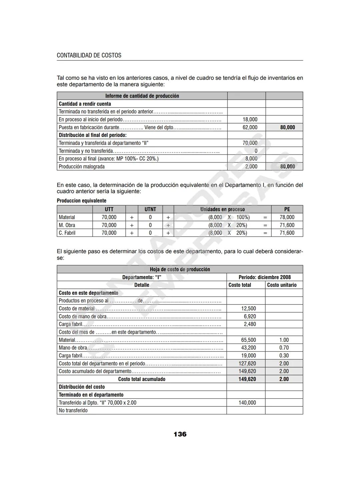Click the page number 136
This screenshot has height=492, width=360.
tap(180, 434)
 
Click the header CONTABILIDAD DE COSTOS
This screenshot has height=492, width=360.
tap(89, 55)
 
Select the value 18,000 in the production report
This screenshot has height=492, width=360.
tap(250, 119)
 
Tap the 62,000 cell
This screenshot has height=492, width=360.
tap(250, 127)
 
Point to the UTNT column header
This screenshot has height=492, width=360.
tap(150, 209)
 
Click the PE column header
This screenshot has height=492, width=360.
tap(287, 209)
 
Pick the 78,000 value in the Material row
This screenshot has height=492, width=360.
tap(287, 217)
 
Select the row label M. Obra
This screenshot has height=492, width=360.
tap(67, 225)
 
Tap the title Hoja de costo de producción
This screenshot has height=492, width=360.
tap(180, 269)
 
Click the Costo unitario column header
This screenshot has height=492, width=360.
tap(282, 285)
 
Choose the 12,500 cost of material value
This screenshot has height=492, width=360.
tap(248, 308)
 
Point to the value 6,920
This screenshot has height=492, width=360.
tap(250, 316)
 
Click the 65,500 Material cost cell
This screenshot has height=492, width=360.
tap(248, 340)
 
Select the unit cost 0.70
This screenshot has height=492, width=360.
tap(284, 348)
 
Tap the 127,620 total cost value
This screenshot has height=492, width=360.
tap(247, 363)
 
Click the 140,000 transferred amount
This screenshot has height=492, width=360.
tap(247, 402)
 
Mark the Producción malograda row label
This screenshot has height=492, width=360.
tap(82, 167)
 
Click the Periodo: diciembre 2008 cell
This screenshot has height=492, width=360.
tap(265, 277)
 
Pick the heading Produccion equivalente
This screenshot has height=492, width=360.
tap(82, 201)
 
